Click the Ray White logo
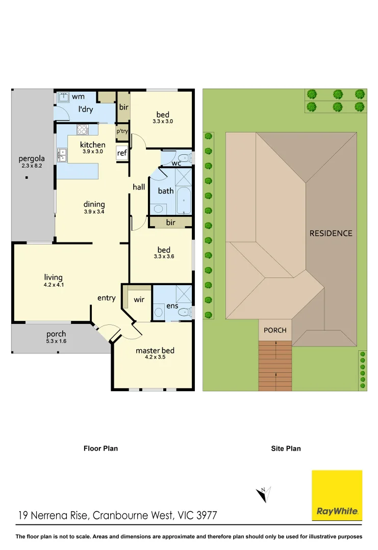(x=337, y=496)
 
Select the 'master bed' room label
(x=155, y=350)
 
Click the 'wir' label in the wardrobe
(x=139, y=300)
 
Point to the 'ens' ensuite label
(x=172, y=306)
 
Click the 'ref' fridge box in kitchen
(x=122, y=153)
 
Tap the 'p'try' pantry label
(x=122, y=131)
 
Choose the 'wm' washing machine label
(x=78, y=96)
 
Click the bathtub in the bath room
(x=184, y=201)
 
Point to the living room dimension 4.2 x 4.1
(x=54, y=285)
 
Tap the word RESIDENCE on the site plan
(x=331, y=233)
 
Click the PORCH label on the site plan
(x=275, y=330)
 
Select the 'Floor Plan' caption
(x=100, y=449)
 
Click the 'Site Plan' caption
(x=286, y=449)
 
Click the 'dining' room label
(x=94, y=204)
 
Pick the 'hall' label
(x=139, y=187)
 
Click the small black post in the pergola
(x=26, y=178)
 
